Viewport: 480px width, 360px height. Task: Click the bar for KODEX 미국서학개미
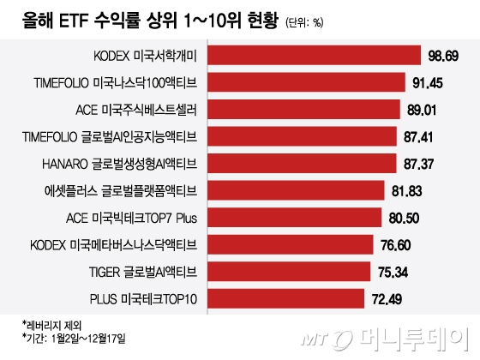[x=314, y=56]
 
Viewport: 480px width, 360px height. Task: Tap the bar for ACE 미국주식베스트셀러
[x=304, y=110]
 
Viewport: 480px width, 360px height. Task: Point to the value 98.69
[x=444, y=56]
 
